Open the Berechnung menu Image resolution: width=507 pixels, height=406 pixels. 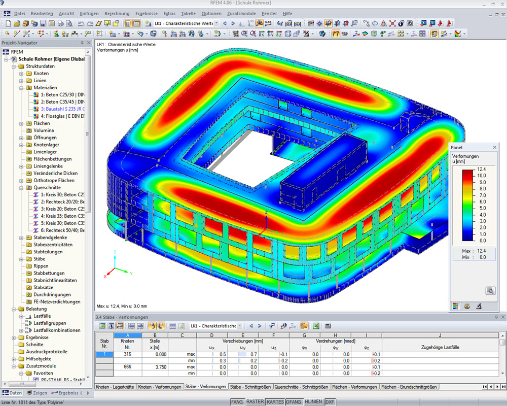click(x=117, y=13)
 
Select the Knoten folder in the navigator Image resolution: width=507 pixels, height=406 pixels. click(x=41, y=74)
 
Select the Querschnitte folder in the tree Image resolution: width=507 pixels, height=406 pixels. click(x=47, y=187)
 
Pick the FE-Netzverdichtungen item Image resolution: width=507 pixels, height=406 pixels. click(x=57, y=301)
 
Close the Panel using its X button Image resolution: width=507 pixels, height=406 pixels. click(x=495, y=147)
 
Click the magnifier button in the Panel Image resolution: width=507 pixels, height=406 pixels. click(x=490, y=291)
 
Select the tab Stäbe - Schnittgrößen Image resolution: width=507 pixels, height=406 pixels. click(x=250, y=387)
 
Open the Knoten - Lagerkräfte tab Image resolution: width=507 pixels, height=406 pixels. click(x=115, y=387)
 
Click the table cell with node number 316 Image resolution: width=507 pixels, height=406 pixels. click(x=127, y=354)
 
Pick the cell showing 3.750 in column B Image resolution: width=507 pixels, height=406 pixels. click(x=156, y=366)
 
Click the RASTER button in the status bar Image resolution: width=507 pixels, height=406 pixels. click(x=255, y=402)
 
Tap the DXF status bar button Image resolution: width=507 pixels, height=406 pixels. click(x=330, y=402)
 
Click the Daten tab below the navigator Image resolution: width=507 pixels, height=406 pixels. click(x=13, y=393)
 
